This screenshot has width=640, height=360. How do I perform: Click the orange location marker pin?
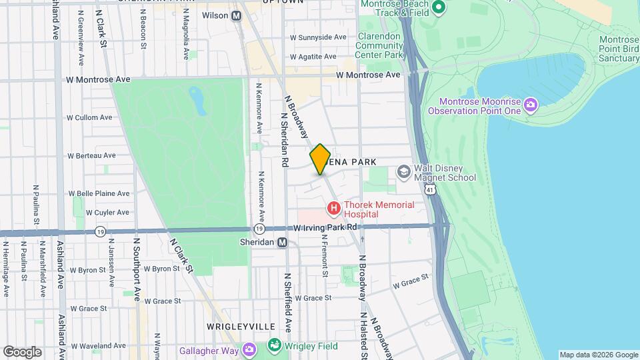(321, 159)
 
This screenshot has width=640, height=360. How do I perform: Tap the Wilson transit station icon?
(236, 15)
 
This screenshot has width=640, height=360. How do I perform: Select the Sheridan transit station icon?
(283, 243)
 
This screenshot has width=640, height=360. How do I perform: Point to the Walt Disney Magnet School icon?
(403, 172)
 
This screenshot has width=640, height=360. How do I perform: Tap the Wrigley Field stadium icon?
(274, 345)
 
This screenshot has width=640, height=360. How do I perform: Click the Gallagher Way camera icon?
(249, 350)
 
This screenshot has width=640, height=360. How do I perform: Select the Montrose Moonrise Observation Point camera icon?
(530, 105)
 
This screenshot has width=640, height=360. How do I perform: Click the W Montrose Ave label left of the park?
(98, 79)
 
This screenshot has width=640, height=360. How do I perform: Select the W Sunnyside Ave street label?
(318, 37)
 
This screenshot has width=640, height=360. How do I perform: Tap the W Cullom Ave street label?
(89, 117)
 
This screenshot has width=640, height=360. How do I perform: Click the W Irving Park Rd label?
(327, 227)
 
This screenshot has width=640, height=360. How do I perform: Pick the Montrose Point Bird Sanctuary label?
(610, 49)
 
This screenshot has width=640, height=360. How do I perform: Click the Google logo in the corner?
(21, 351)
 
